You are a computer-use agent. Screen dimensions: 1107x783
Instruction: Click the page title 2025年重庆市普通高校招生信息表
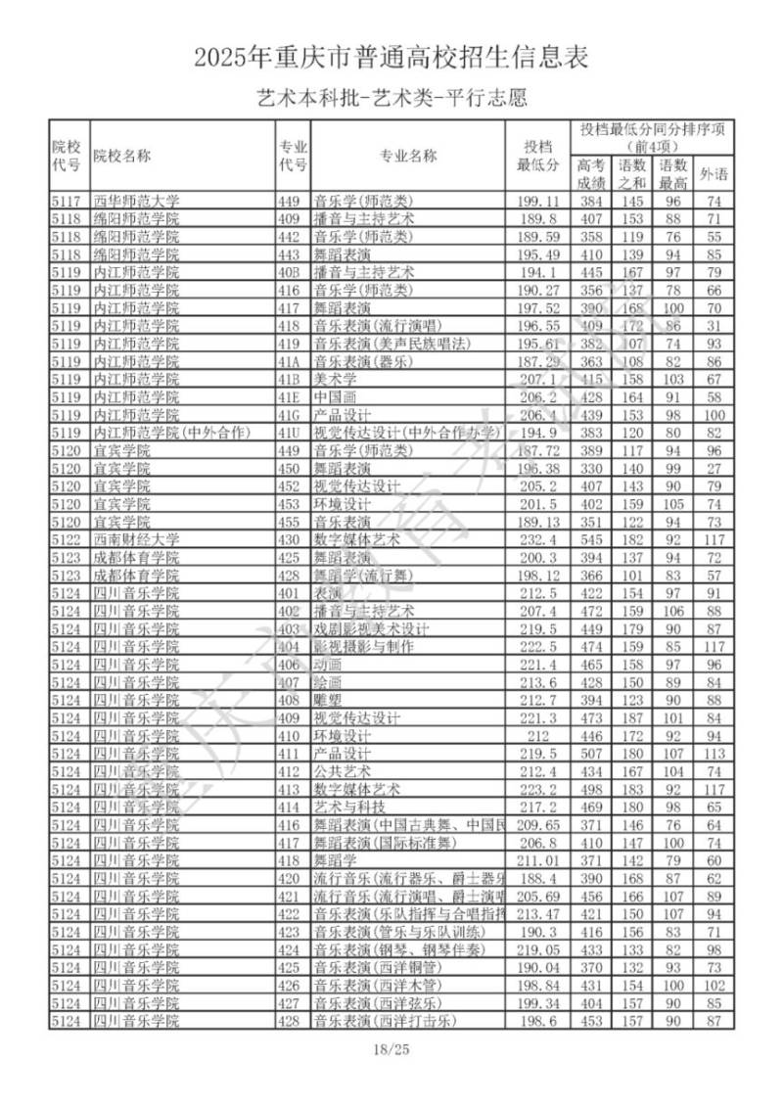[391, 59]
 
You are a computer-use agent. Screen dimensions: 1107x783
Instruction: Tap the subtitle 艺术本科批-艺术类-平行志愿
[391, 99]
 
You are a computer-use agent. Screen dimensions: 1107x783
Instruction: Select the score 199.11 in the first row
[538, 201]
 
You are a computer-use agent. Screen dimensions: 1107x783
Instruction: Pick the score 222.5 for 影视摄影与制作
[538, 647]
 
